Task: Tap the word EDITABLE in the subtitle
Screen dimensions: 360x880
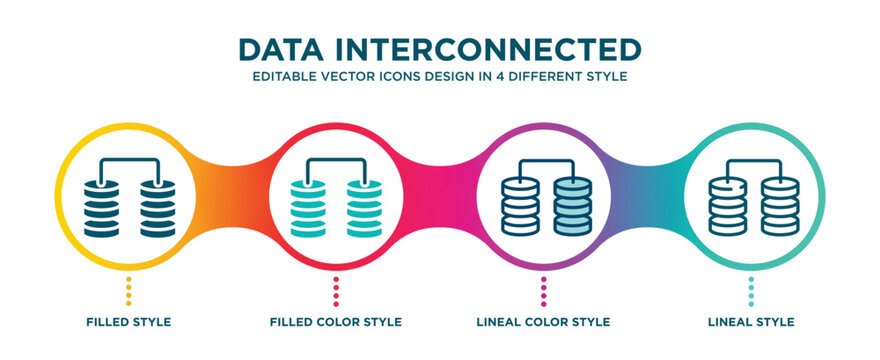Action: click(x=286, y=76)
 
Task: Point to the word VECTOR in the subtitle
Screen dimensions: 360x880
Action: click(x=351, y=76)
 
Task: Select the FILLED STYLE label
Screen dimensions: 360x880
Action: click(x=128, y=322)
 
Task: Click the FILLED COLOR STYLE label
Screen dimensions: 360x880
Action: click(x=336, y=322)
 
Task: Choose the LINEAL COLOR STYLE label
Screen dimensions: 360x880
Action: click(x=543, y=322)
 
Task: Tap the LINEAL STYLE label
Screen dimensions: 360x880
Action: click(x=750, y=322)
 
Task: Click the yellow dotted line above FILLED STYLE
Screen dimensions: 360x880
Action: click(x=128, y=291)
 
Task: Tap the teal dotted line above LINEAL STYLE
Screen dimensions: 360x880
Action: click(x=750, y=291)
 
